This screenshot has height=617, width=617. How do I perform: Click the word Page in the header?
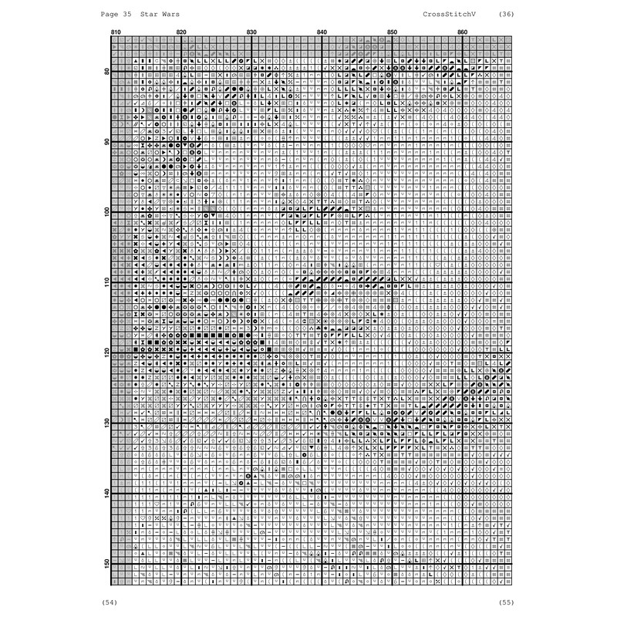tap(110, 15)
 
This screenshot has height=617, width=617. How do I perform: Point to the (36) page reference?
tap(507, 15)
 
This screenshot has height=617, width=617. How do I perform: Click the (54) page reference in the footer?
tap(110, 601)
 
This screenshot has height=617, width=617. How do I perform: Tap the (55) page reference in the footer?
tap(507, 601)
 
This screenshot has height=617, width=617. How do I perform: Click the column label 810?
tap(116, 32)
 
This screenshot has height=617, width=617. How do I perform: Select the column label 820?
tap(181, 32)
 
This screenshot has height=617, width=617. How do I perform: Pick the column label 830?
tap(251, 32)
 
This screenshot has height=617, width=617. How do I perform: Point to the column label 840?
tap(322, 32)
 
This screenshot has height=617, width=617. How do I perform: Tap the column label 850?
tap(392, 32)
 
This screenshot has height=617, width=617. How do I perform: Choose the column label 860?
tap(462, 32)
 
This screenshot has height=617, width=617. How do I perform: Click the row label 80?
tap(106, 71)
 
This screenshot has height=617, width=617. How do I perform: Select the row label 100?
tap(106, 211)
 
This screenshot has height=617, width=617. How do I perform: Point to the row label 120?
tap(106, 351)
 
